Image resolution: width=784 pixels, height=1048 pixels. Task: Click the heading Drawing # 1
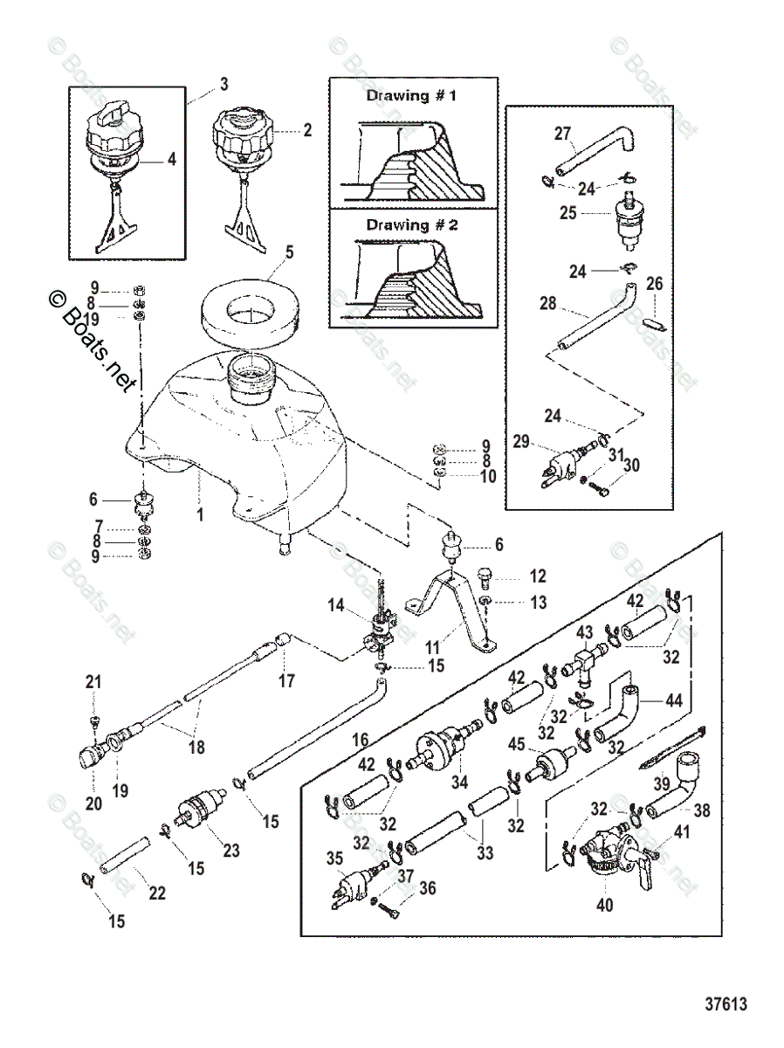(x=412, y=96)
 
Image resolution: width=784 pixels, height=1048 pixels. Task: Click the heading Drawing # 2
(x=412, y=224)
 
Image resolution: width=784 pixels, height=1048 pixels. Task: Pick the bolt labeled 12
(x=486, y=576)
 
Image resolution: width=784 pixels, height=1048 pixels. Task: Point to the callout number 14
(x=338, y=605)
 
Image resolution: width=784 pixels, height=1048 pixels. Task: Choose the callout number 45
(x=517, y=744)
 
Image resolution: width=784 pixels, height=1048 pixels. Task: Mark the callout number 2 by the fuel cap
(x=306, y=131)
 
